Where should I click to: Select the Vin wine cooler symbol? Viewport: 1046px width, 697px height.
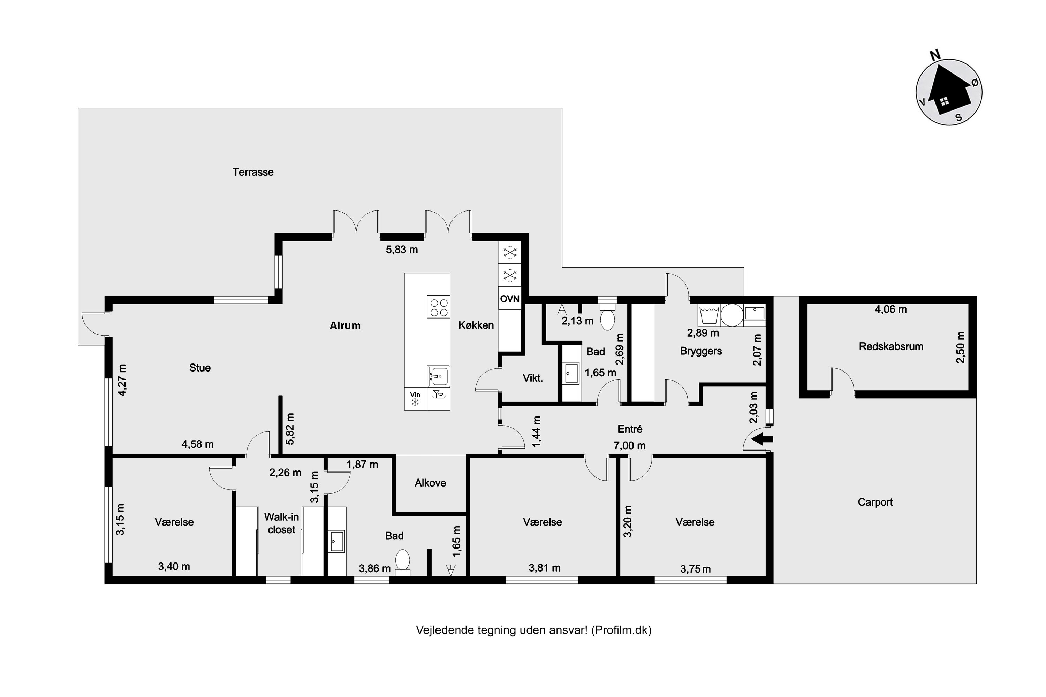pyautogui.click(x=415, y=399)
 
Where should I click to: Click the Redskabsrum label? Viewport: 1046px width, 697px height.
pyautogui.click(x=891, y=346)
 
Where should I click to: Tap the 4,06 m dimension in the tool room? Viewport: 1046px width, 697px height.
pyautogui.click(x=891, y=309)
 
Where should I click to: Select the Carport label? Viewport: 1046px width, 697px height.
pyautogui.click(x=875, y=502)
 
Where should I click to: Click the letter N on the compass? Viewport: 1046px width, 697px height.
pyautogui.click(x=935, y=55)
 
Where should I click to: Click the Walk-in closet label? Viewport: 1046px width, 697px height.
pyautogui.click(x=281, y=523)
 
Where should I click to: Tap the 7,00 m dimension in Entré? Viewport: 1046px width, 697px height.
pyautogui.click(x=630, y=445)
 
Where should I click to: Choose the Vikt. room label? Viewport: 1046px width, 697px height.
pyautogui.click(x=533, y=378)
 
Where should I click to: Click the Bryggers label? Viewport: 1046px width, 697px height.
pyautogui.click(x=701, y=351)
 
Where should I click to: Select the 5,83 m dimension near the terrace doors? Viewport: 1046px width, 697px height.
pyautogui.click(x=402, y=250)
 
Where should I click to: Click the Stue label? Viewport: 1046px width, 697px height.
pyautogui.click(x=200, y=368)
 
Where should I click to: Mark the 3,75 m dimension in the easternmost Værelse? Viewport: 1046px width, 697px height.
pyautogui.click(x=696, y=569)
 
